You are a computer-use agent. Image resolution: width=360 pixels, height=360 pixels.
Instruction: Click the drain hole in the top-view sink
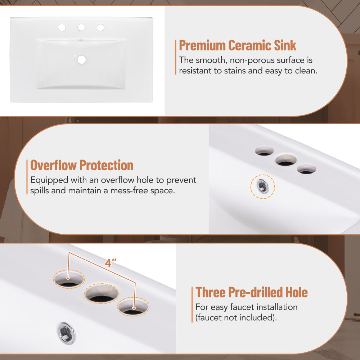(x=81, y=60)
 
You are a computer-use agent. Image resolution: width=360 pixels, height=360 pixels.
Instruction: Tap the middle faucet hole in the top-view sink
(x=81, y=27)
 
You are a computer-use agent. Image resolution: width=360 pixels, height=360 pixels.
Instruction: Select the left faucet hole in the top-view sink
(x=62, y=28)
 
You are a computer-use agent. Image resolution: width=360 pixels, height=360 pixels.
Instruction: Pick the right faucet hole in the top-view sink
(x=100, y=27)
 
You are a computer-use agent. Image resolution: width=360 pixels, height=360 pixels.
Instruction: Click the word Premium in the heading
(x=202, y=45)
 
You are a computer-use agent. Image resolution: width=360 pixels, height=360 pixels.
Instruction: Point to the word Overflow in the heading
(x=54, y=165)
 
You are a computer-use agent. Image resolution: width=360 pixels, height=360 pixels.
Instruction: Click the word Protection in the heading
(x=107, y=165)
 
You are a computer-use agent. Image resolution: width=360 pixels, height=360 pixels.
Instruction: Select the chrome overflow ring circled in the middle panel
(x=262, y=186)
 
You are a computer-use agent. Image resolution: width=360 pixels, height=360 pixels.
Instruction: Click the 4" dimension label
(x=111, y=263)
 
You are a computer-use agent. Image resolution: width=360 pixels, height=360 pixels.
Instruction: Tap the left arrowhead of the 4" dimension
(x=68, y=279)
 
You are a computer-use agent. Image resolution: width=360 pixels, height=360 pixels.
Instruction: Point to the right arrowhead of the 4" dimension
(x=134, y=309)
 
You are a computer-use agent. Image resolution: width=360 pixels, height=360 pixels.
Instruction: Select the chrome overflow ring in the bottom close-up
(x=66, y=333)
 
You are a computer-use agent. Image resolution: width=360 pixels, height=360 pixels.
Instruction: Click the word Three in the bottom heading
(x=211, y=292)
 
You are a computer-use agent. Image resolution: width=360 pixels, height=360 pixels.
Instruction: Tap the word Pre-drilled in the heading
(x=256, y=292)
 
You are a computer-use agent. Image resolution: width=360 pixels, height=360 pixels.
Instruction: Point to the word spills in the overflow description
(x=40, y=191)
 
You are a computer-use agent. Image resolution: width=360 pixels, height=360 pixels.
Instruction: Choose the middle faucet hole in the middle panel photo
(x=286, y=160)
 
